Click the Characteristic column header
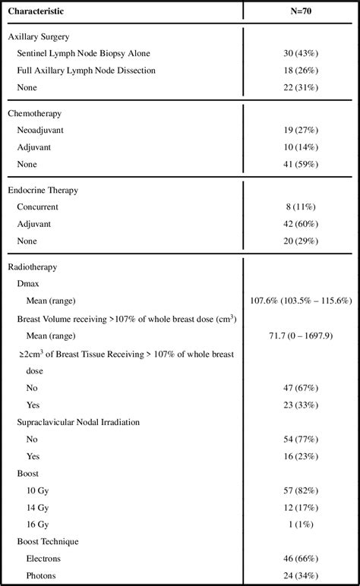click(36, 11)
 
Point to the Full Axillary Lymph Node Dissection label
click(86, 71)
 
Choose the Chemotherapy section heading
click(36, 113)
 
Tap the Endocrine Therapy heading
click(43, 190)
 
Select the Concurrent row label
click(38, 206)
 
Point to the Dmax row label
click(27, 283)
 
